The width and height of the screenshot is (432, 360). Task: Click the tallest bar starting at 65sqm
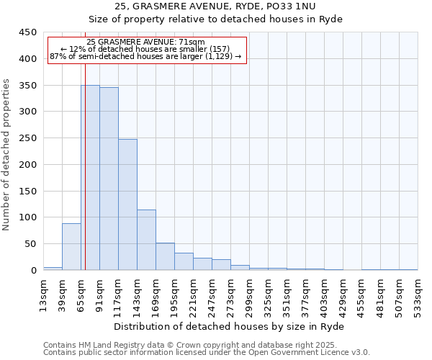[x=90, y=177]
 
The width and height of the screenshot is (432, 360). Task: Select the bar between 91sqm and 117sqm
[x=109, y=179]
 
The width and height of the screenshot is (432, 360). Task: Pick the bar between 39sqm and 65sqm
[x=71, y=246]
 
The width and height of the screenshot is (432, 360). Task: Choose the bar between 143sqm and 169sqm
[x=146, y=240]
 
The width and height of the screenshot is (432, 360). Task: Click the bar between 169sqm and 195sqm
[x=165, y=256]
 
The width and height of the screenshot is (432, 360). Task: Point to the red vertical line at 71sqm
[x=85, y=180]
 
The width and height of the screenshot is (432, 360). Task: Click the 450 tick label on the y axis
[x=28, y=32]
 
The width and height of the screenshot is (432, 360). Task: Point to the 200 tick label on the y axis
[x=28, y=164]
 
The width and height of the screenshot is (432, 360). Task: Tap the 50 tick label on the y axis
[x=31, y=244]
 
